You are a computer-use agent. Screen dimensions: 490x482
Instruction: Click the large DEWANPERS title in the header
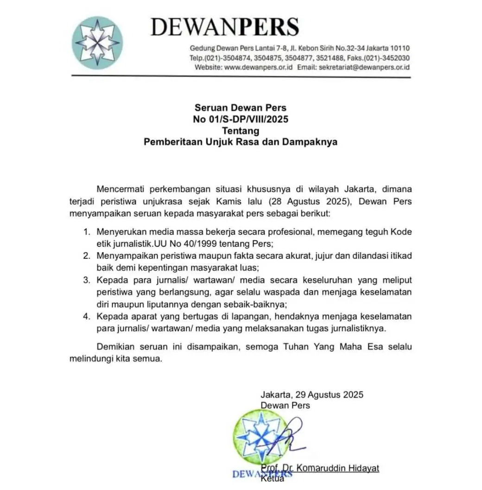[225, 27]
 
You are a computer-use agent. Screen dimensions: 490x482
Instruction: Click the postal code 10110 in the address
[400, 48]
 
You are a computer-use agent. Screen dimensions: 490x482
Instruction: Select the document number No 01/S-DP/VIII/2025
[241, 119]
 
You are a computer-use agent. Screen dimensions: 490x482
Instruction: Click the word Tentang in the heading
[241, 131]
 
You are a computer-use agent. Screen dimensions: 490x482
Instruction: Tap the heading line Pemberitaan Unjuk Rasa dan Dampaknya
[241, 142]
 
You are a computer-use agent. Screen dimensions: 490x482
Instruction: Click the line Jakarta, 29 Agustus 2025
[312, 395]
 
